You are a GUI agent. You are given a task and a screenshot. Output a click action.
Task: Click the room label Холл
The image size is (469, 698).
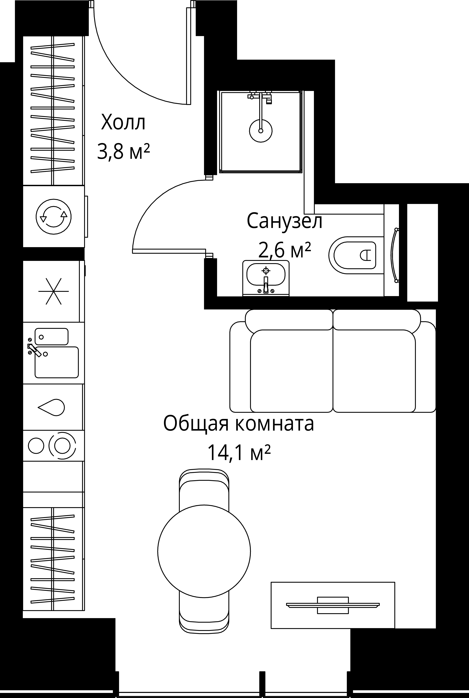coord(123,123)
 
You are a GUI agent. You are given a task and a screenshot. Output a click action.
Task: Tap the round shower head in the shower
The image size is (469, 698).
coord(261,131)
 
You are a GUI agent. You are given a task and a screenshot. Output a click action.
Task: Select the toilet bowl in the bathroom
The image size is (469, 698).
coord(353,255)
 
